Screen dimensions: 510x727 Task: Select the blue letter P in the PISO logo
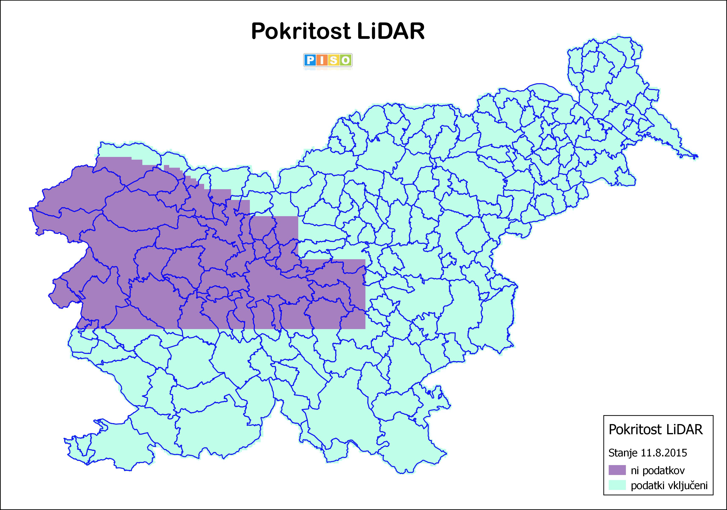tap(310, 60)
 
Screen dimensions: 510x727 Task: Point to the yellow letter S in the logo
tap(334, 60)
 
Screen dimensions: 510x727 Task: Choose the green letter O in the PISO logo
tap(346, 60)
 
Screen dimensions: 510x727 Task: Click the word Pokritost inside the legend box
tap(635, 430)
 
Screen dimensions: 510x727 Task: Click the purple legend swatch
tap(617, 470)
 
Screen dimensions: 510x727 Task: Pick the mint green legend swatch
tap(617, 485)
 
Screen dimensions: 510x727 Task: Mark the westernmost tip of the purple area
tap(30, 209)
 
